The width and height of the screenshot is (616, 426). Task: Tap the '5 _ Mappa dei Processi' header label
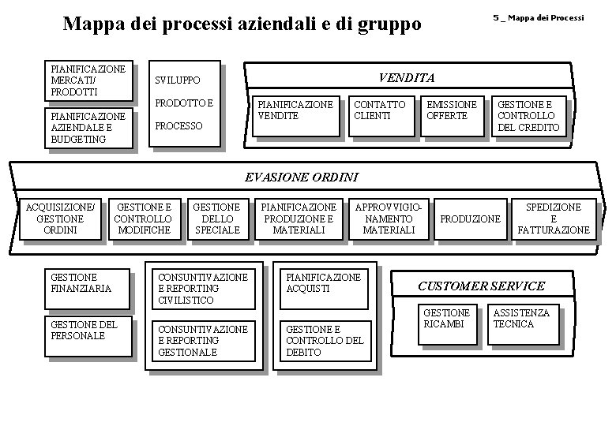click(x=539, y=17)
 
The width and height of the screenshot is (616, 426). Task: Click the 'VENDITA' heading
click(x=406, y=77)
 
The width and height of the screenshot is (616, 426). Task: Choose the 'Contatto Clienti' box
click(x=379, y=115)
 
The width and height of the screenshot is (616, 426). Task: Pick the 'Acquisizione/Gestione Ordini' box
click(x=61, y=219)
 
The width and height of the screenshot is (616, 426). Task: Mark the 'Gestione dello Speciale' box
click(x=216, y=219)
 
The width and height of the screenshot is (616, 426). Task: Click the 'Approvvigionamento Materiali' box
click(x=388, y=219)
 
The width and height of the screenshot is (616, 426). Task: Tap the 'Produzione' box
click(x=470, y=219)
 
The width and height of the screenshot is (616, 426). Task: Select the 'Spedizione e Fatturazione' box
click(x=553, y=219)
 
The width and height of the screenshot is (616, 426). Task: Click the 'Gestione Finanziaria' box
click(x=85, y=287)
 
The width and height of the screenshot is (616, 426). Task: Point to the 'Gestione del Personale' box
click(x=85, y=335)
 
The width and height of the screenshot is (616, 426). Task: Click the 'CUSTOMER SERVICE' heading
click(x=481, y=285)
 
